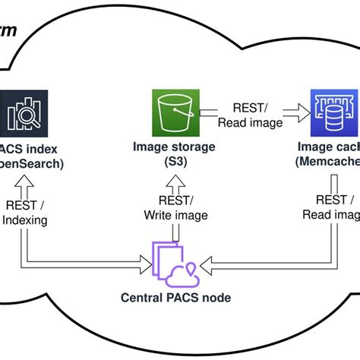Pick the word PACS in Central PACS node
pos(185,297)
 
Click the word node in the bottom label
pos(216,297)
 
